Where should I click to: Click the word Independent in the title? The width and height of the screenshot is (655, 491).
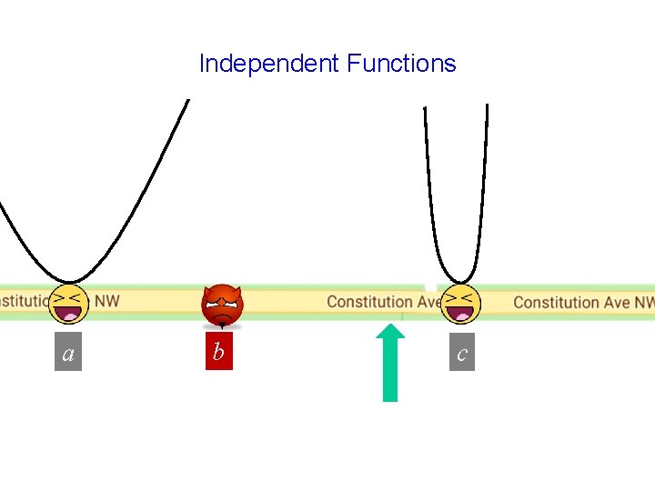tap(268, 64)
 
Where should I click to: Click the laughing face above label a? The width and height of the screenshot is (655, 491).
tap(68, 304)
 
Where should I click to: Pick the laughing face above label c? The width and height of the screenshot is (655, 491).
tap(461, 304)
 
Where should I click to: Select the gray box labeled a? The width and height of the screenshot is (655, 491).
tap(68, 354)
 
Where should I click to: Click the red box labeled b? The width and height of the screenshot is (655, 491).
tap(218, 351)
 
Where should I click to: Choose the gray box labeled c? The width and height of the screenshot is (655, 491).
tap(461, 353)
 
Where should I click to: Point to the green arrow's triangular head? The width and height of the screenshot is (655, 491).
tap(390, 338)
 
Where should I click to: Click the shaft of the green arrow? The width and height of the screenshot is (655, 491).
tap(390, 377)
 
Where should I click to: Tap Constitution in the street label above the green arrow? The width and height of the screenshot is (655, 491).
tap(369, 302)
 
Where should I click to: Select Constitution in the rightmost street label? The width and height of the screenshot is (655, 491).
tap(555, 302)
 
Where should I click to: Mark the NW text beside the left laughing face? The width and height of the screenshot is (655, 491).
tap(106, 299)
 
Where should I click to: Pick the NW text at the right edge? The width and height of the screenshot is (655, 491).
tap(644, 302)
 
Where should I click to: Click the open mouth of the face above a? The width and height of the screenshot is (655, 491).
tap(68, 314)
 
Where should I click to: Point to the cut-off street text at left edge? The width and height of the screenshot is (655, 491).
tap(23, 299)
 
